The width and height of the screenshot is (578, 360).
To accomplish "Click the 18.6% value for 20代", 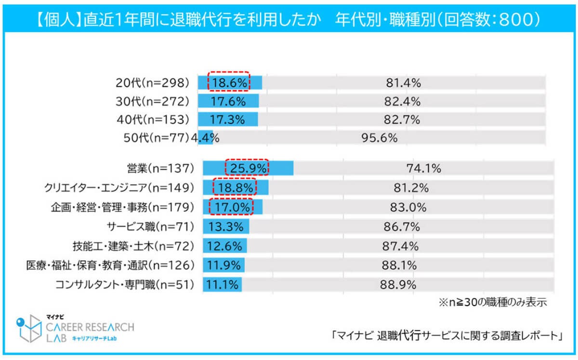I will click(229, 82).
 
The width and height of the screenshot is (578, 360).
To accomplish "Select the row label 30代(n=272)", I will click(153, 101).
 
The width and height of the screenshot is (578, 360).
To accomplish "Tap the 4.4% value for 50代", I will click(206, 138).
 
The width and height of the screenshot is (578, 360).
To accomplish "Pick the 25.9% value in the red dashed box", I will click(247, 168).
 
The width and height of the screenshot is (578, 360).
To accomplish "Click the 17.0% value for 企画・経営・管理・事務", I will click(231, 207).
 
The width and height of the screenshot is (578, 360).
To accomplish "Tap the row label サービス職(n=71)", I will click(150, 227).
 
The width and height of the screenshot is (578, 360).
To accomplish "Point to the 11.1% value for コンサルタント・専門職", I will click(223, 284).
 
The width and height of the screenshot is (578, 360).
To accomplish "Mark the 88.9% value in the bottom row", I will click(398, 284).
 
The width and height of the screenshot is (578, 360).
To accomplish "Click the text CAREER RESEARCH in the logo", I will click(90, 327).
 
